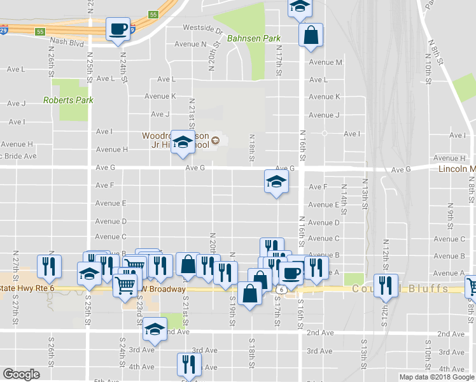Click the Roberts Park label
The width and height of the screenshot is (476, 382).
[68, 100]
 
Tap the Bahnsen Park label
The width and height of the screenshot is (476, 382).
[254, 39]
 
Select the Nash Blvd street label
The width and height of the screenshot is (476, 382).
[67, 44]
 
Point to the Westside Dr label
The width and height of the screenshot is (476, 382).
[203, 28]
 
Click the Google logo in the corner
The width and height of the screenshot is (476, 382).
[22, 374]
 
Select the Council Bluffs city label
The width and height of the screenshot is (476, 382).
[400, 289]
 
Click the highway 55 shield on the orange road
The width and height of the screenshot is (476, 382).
[153, 14]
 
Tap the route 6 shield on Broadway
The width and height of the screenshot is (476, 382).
[281, 290]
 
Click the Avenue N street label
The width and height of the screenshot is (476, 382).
[195, 45]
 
